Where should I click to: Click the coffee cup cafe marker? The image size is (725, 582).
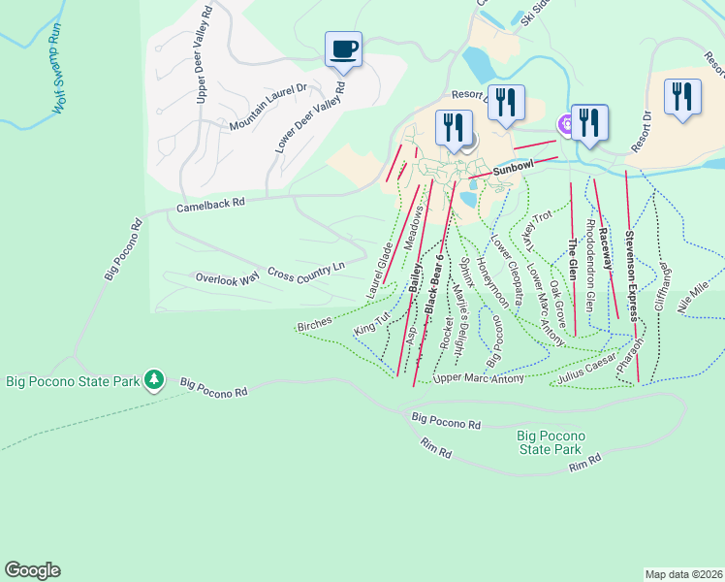343,48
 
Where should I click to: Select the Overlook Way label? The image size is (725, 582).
227,277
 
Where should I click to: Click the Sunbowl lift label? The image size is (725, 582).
513,169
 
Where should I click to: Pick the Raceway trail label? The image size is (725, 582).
604,248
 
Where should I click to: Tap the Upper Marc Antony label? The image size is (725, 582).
479,378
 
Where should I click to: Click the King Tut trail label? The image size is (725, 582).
371,323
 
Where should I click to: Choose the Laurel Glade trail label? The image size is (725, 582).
379,272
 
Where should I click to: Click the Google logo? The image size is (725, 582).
32,570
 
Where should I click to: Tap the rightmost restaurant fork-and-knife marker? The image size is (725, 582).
683,97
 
